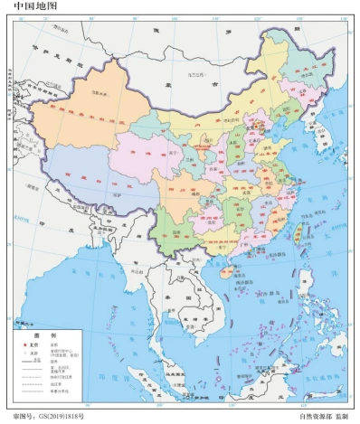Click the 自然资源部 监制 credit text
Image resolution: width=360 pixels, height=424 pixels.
click(323, 417)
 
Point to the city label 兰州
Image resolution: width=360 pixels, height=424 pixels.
click(185, 159)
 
